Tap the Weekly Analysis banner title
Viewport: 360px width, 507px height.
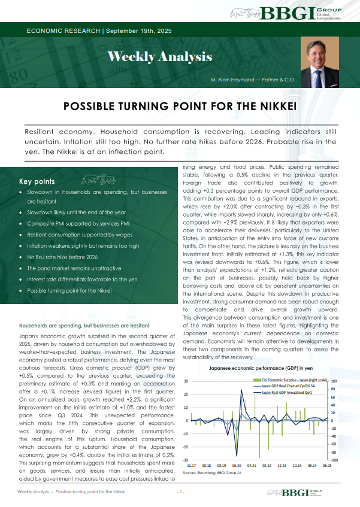(x=159, y=57)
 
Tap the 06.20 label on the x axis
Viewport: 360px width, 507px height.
(x=237, y=465)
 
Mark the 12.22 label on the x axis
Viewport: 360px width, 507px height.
(x=282, y=465)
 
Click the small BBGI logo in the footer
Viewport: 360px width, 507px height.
(x=313, y=492)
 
